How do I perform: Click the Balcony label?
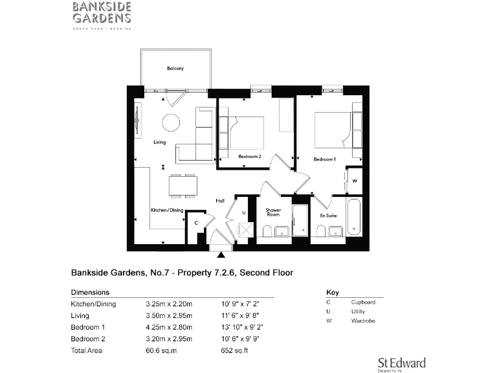click(175, 68)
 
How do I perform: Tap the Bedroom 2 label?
click(250, 157)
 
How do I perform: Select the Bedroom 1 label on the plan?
click(325, 159)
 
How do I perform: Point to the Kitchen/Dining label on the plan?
click(168, 210)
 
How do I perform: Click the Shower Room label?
click(273, 212)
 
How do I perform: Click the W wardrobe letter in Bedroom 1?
click(354, 181)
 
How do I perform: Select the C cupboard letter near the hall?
click(196, 222)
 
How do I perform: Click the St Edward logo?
click(401, 363)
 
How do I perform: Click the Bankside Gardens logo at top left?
click(102, 14)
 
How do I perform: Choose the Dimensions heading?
click(90, 292)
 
